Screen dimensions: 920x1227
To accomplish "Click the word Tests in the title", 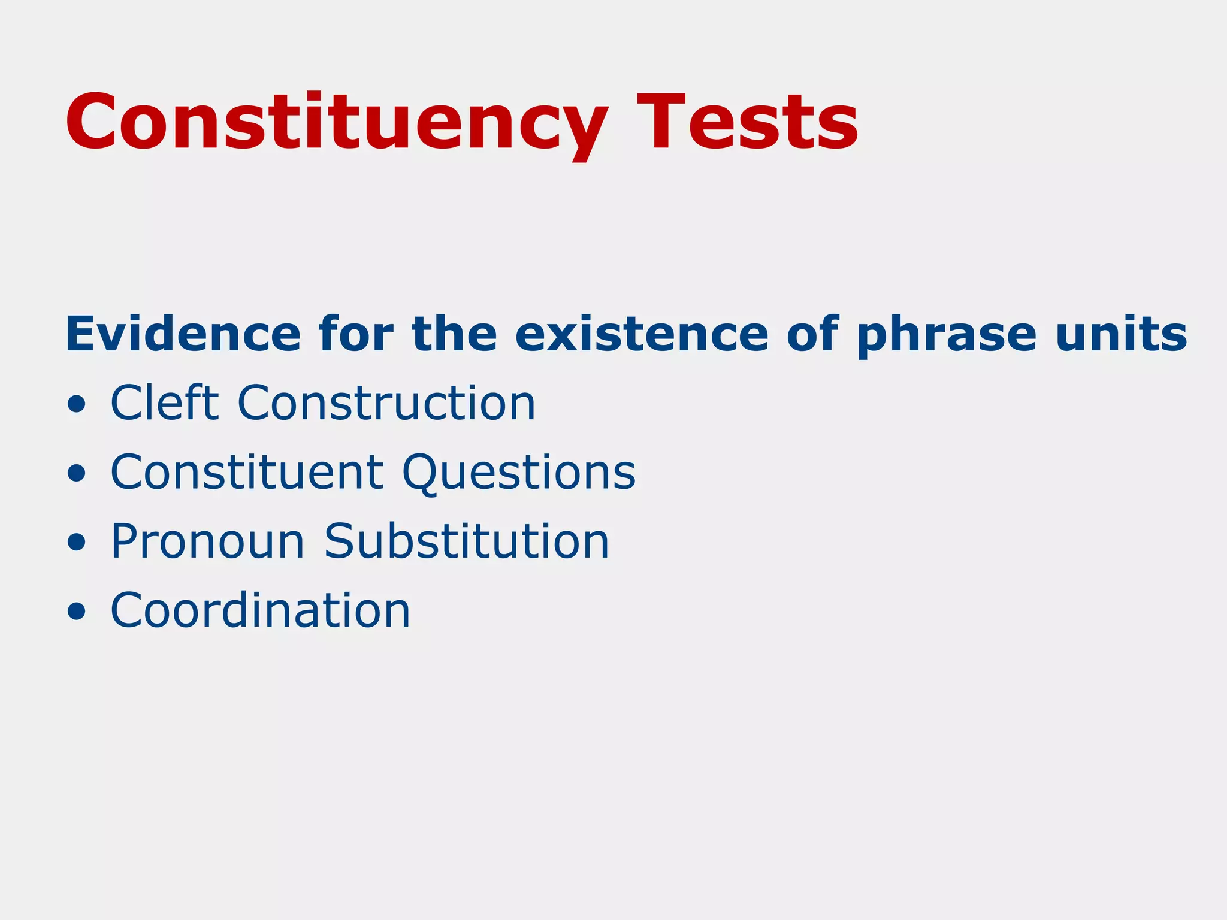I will point(747,123).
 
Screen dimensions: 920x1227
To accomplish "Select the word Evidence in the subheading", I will point(183,334).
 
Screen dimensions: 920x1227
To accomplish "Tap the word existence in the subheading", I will point(641,334).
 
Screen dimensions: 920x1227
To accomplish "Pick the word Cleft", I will point(165,402).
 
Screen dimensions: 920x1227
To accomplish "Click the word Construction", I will point(386,402).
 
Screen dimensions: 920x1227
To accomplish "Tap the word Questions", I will point(519,472).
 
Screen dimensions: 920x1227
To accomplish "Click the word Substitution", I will point(467,541).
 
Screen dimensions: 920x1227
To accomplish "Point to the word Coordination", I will point(261,610).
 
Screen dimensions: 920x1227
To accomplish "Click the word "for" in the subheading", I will point(356,334).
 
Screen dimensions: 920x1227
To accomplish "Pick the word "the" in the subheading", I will point(455,334).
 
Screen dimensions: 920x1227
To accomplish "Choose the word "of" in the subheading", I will point(812,334).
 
